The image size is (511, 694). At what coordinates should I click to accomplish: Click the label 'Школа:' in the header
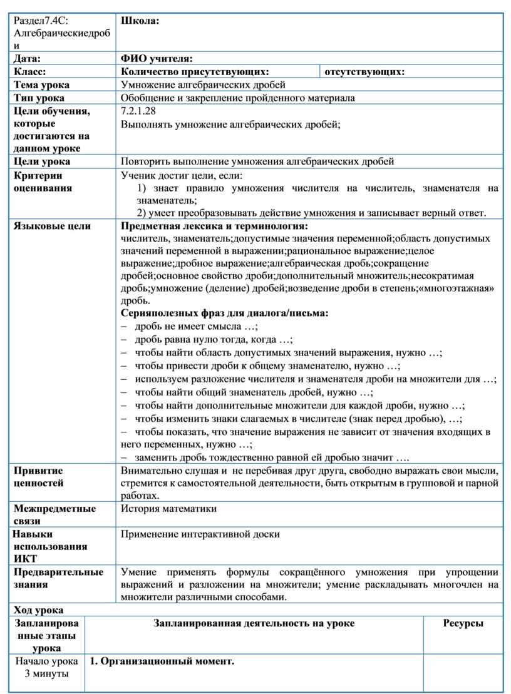tap(140, 21)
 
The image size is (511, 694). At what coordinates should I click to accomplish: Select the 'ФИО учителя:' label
tap(157, 59)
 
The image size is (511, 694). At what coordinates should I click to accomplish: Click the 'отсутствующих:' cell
tap(364, 72)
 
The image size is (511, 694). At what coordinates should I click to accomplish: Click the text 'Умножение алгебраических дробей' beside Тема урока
tap(203, 85)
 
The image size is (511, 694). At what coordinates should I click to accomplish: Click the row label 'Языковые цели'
tap(52, 226)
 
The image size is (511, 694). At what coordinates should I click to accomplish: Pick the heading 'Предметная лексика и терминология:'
tap(214, 226)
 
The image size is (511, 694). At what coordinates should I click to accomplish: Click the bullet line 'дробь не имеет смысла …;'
tap(196, 326)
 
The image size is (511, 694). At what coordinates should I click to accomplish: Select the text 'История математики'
tap(168, 509)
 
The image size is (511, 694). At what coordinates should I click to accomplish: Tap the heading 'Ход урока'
tap(38, 610)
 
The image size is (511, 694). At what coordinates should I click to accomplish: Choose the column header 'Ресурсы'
tap(463, 623)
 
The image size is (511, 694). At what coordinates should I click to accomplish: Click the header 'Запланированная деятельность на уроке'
tap(253, 623)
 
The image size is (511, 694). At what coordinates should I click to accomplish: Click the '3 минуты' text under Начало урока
tap(47, 674)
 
